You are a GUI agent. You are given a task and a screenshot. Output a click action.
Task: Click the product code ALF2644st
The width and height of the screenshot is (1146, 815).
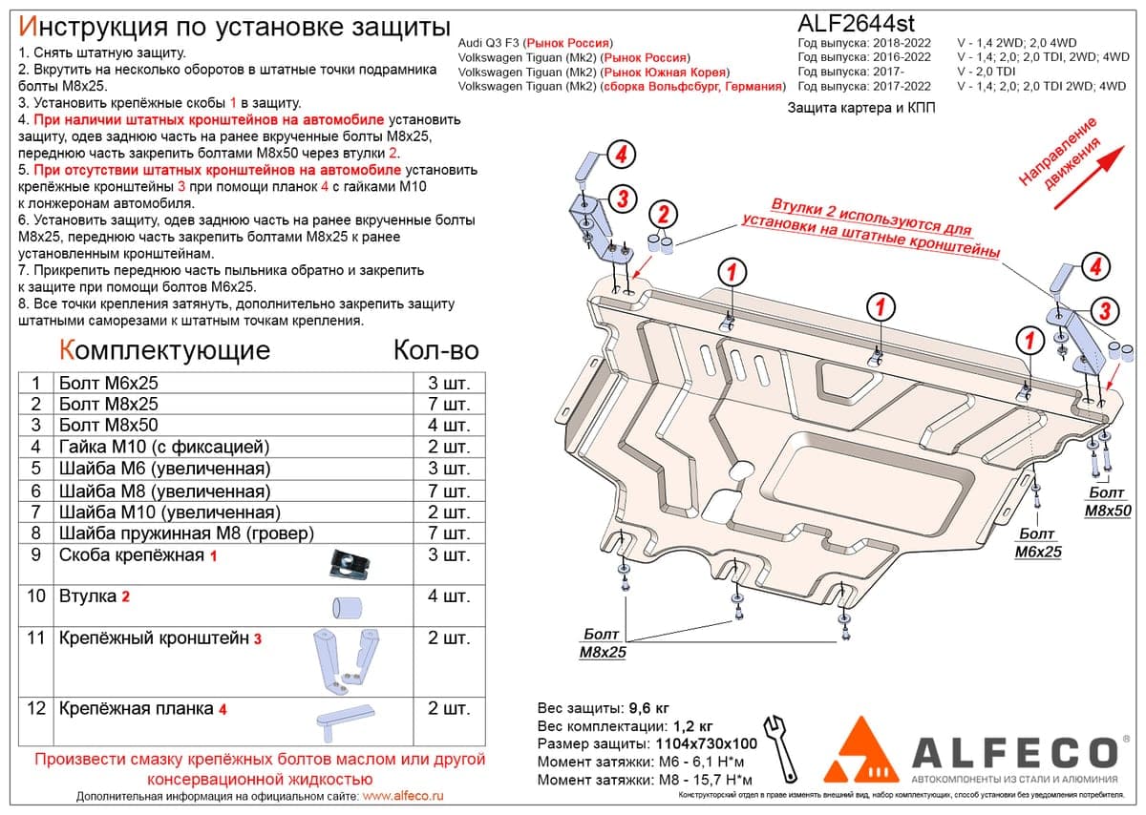tap(856, 23)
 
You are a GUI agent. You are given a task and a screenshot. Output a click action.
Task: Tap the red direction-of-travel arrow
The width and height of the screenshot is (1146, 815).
tap(1089, 178)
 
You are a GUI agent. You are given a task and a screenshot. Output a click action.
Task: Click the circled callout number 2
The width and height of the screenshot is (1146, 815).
tap(663, 214)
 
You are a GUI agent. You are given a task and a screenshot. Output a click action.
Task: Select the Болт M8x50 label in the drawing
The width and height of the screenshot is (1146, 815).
tap(1108, 502)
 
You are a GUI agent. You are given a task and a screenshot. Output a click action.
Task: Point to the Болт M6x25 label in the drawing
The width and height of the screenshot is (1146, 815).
tap(1038, 542)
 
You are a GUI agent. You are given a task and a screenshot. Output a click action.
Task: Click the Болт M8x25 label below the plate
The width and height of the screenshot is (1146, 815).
tap(603, 642)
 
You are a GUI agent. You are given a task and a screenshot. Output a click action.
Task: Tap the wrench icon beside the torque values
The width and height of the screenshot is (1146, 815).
tap(780, 749)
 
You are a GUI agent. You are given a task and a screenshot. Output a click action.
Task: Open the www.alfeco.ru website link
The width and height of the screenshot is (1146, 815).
tap(403, 796)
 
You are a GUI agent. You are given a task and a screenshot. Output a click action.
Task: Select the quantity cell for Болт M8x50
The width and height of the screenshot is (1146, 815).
tap(449, 425)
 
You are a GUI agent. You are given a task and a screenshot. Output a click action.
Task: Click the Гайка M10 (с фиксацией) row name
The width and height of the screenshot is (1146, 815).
tap(164, 447)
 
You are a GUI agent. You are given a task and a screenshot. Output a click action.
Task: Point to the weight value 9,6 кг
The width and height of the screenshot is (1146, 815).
tap(648, 708)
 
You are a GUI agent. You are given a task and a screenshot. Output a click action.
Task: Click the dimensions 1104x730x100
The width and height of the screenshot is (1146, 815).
tap(706, 743)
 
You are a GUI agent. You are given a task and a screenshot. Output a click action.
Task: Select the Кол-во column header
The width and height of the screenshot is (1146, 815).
tap(435, 350)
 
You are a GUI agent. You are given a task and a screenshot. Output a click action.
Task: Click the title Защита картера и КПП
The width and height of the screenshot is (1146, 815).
tap(861, 108)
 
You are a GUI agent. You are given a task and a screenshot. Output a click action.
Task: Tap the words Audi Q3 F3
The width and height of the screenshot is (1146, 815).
tap(488, 43)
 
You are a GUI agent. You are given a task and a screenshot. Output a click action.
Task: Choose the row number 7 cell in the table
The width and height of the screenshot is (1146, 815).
tap(36, 512)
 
